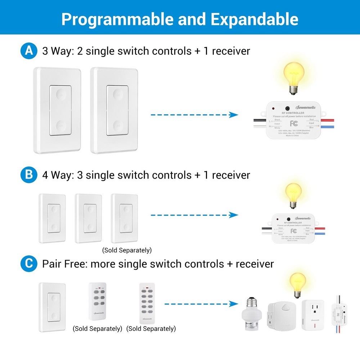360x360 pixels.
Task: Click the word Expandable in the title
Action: click(254, 19)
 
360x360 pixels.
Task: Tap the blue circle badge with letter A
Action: click(28, 51)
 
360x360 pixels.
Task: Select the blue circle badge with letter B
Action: click(28, 175)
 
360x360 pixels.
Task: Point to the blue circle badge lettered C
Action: click(28, 264)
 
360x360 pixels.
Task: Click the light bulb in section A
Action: click(293, 77)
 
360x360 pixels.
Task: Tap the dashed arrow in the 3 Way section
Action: click(194, 115)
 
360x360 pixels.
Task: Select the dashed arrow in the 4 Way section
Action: click(194, 215)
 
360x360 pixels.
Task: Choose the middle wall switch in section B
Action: click(88, 218)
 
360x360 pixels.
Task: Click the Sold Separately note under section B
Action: click(127, 250)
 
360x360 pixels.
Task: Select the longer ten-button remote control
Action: click(147, 302)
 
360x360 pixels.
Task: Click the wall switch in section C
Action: click(52, 307)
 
